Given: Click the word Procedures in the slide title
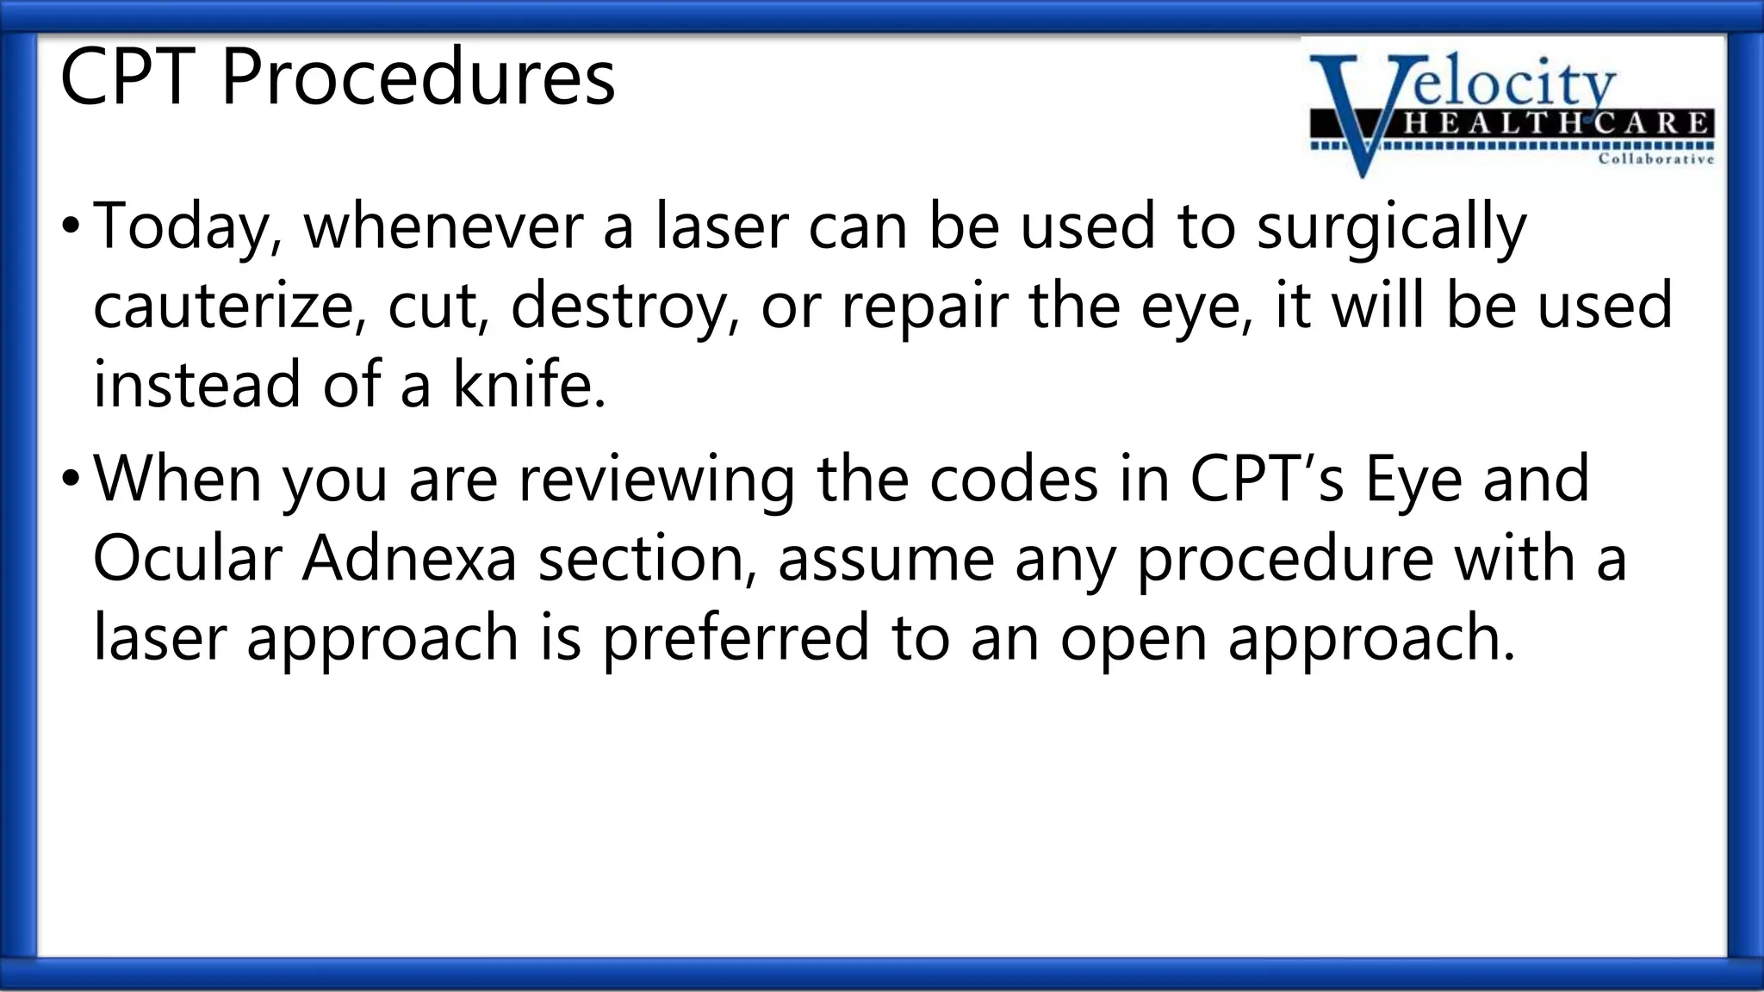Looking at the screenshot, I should (x=418, y=77).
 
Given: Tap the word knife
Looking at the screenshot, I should (x=529, y=384).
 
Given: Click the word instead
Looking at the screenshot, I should (x=197, y=384).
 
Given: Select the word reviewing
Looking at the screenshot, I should (x=656, y=480).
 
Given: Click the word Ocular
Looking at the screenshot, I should (x=187, y=558).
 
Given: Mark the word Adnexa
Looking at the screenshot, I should (x=409, y=558).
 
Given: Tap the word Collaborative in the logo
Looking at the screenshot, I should (x=1655, y=159).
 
